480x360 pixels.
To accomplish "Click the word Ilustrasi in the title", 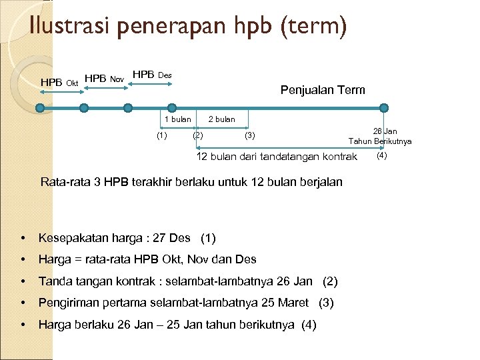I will click(x=70, y=27).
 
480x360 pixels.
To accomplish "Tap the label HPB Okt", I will click(x=60, y=82).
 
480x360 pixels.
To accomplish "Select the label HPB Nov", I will click(x=105, y=79).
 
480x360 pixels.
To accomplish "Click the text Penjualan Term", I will click(x=323, y=90).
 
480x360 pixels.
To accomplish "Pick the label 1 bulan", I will click(x=177, y=119).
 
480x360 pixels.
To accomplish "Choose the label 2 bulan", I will click(x=221, y=119).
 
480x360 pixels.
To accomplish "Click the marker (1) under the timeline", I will click(x=161, y=136).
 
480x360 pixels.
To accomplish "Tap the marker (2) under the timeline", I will click(x=198, y=136).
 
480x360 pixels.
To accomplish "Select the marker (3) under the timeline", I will click(x=250, y=136).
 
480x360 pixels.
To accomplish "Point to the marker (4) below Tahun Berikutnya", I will click(x=381, y=156).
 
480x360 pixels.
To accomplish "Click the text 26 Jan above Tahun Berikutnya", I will click(x=385, y=131).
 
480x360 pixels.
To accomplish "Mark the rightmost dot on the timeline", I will click(x=383, y=107).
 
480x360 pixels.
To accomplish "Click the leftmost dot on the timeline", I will click(x=39, y=107).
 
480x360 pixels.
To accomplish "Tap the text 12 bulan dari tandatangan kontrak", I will click(x=277, y=157).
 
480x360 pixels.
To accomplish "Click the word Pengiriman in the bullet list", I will click(x=69, y=303).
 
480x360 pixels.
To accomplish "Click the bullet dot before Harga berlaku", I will click(x=23, y=325).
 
